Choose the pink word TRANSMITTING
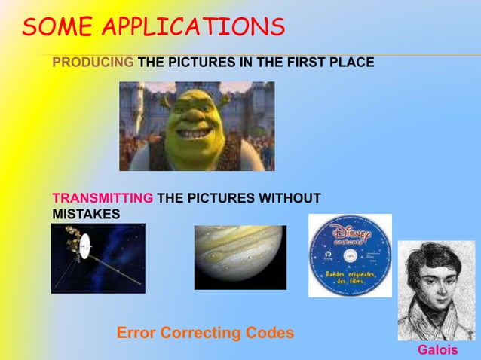[x=103, y=199]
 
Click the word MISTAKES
[x=85, y=215]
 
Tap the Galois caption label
[x=437, y=351]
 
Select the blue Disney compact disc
[x=350, y=255]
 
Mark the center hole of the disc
[x=350, y=256]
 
